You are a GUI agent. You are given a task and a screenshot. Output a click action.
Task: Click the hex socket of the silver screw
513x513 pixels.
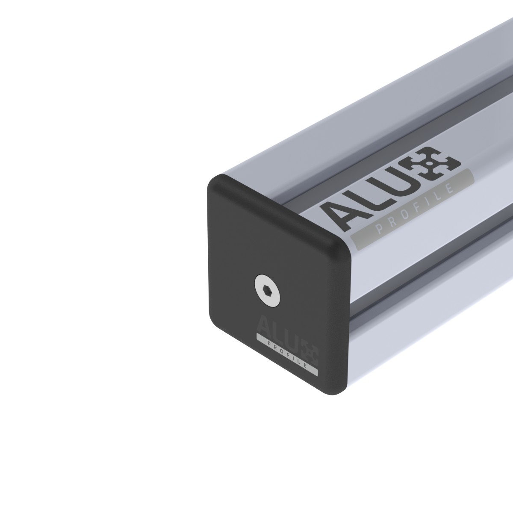267,290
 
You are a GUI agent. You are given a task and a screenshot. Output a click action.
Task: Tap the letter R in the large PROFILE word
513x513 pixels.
394,221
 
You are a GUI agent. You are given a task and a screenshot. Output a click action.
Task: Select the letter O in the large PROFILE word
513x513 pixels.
408,214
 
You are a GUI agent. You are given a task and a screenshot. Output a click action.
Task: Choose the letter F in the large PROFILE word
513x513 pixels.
421,207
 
